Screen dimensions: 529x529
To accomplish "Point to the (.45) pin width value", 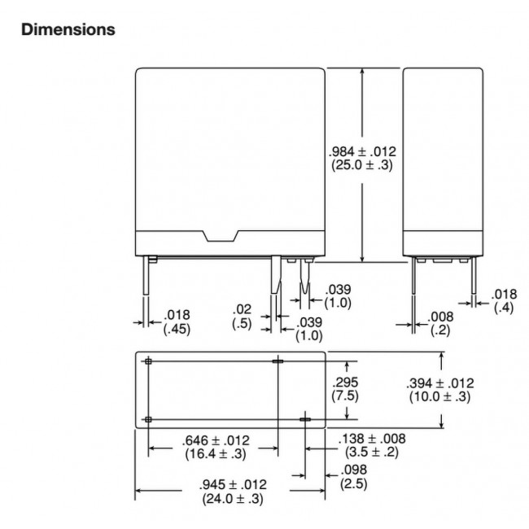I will (177, 329).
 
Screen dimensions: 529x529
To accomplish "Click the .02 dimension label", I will (241, 309).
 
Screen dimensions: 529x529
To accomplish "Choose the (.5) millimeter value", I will (241, 323).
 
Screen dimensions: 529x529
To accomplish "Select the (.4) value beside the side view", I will (502, 308).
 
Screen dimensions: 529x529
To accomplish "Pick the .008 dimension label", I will (439, 317).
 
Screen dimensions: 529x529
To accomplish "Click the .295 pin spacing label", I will (346, 383).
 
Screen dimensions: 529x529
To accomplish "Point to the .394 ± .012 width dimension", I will (441, 383).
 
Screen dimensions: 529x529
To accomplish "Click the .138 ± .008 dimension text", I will (372, 438).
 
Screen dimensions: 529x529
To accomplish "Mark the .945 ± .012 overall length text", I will (232, 486).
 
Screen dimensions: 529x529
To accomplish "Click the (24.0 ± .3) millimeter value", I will (232, 499).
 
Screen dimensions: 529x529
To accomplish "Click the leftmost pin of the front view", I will (150, 277).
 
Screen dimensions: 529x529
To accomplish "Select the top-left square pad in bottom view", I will (148, 361).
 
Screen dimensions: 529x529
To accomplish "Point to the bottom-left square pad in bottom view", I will (148, 419).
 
